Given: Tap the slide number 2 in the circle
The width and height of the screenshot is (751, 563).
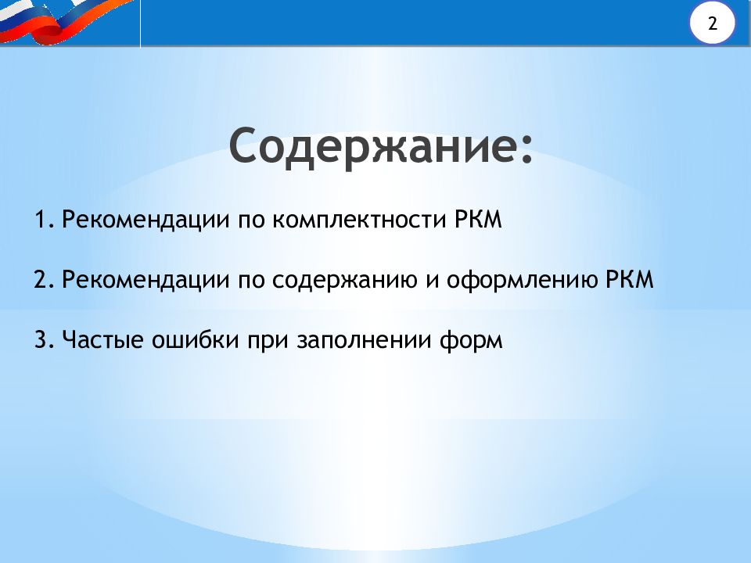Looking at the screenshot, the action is click(713, 23).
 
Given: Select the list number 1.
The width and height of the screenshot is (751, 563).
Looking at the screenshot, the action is click(45, 220).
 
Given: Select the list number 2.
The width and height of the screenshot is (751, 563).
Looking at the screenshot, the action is click(45, 280).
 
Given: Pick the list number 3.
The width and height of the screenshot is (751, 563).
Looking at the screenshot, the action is click(45, 340).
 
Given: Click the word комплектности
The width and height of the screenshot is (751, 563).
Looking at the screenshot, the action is click(359, 221).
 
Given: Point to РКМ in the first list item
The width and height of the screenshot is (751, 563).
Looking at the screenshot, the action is click(478, 220).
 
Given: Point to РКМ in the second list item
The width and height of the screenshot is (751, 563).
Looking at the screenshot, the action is click(629, 280).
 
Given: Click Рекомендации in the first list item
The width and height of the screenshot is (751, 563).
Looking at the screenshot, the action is click(146, 221).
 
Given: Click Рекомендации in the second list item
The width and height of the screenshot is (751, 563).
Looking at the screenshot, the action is click(146, 281).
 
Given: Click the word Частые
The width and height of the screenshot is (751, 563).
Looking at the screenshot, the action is click(102, 340).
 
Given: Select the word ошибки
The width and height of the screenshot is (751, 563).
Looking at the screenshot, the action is click(195, 339).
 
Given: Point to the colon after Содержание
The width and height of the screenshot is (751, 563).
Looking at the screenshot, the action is click(526, 150).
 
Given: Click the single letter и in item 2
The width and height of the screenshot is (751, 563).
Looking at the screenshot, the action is click(432, 281).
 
